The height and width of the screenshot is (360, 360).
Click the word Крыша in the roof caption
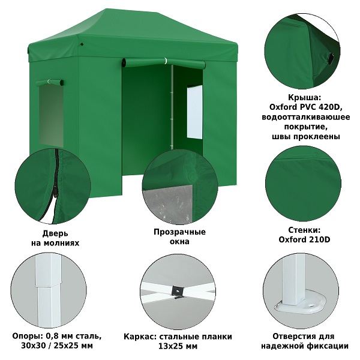pyautogui.click(x=304, y=98)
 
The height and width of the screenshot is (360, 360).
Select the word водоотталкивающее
pyautogui.click(x=306, y=117)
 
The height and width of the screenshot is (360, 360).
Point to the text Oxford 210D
pyautogui.click(x=304, y=239)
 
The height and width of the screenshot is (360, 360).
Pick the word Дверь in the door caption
pyautogui.click(x=55, y=233)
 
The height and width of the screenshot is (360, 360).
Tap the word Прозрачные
pyautogui.click(x=179, y=232)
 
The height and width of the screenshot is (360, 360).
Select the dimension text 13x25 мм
pyautogui.click(x=178, y=346)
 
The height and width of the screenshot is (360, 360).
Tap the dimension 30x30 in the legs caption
pyautogui.click(x=32, y=346)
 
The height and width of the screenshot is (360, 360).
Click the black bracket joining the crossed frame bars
pyautogui.click(x=178, y=292)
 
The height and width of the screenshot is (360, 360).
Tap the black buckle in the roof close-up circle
pyautogui.click(x=331, y=59)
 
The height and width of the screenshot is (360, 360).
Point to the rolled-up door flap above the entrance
pyautogui.click(x=163, y=62)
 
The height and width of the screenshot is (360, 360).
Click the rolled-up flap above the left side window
pyautogui.click(x=49, y=83)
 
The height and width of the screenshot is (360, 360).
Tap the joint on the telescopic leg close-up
pyautogui.click(x=48, y=286)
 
